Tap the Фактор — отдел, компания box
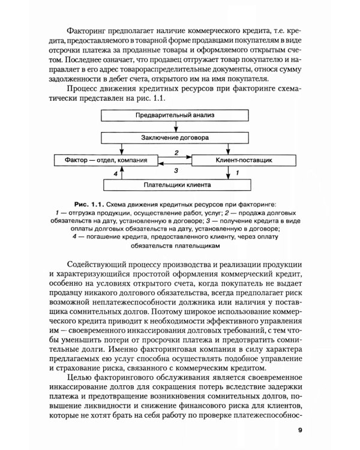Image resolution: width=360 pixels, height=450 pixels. pos(103,161)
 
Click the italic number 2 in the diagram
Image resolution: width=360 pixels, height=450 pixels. pos(176,153)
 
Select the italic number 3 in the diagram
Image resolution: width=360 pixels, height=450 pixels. pos(176,170)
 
